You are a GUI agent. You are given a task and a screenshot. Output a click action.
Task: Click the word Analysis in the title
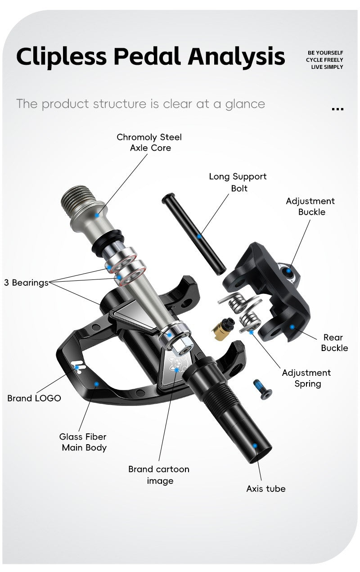pyautogui.click(x=236, y=57)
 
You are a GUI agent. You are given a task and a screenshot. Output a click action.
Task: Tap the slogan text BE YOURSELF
pyautogui.click(x=324, y=53)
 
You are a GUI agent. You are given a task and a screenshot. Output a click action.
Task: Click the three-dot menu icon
pyautogui.click(x=337, y=109)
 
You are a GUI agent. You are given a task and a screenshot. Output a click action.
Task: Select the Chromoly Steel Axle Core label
pyautogui.click(x=149, y=142)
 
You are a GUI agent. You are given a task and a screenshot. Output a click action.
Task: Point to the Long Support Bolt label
pyautogui.click(x=238, y=182)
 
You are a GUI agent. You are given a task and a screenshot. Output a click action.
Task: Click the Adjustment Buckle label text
pyautogui.click(x=310, y=206)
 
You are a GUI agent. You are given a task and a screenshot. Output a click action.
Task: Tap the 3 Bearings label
pyautogui.click(x=26, y=283)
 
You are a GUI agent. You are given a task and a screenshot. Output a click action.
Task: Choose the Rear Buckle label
pyautogui.click(x=334, y=342)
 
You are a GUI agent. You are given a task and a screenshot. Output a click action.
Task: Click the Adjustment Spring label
pyautogui.click(x=306, y=378)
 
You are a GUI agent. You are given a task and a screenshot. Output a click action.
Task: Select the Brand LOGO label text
pyautogui.click(x=34, y=398)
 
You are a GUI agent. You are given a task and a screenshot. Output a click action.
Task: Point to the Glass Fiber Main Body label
pyautogui.click(x=84, y=442)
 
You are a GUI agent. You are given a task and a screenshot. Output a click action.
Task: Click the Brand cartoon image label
pyautogui.click(x=159, y=475)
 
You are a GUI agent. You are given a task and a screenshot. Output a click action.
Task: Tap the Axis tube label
pyautogui.click(x=265, y=488)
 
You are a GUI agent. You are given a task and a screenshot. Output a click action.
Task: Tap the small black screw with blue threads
pyautogui.click(x=262, y=387)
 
